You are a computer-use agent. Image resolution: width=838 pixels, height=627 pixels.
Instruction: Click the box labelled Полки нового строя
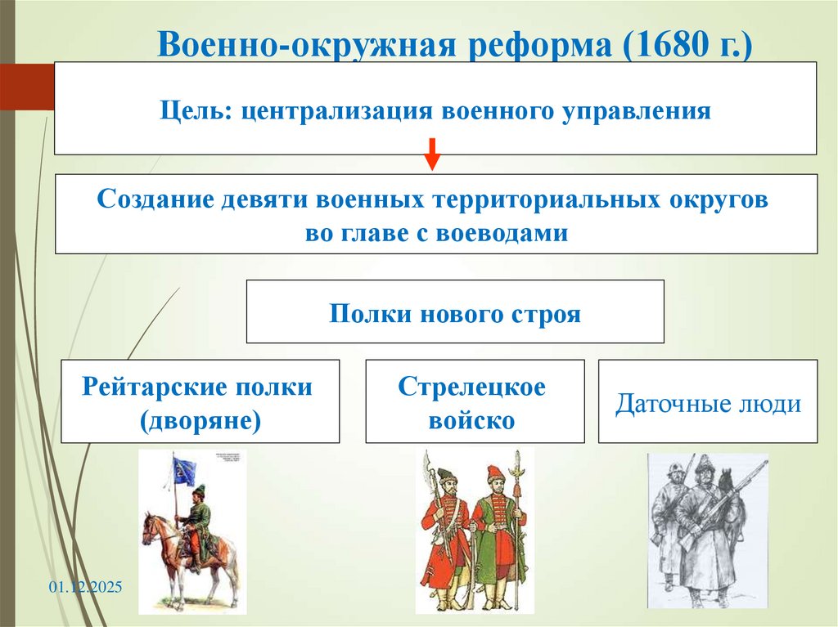[455, 312]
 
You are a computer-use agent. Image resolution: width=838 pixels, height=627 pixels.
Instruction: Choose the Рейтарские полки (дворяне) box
[200, 401]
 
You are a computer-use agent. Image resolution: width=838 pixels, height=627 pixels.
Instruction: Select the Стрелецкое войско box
[475, 401]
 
